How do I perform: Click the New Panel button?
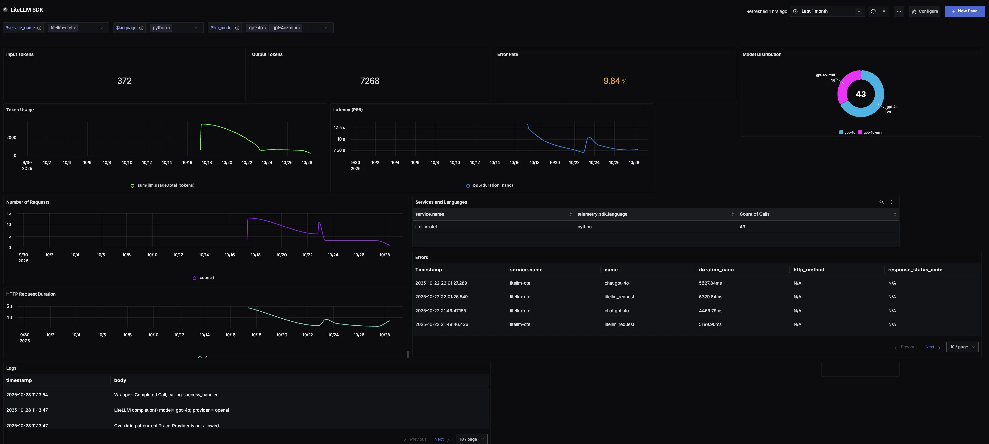pos(965,11)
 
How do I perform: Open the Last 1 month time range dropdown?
pos(827,11)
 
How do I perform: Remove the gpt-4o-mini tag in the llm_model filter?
pos(299,28)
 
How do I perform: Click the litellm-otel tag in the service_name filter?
pos(61,27)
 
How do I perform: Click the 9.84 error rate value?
pos(612,81)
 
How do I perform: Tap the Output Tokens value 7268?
pos(369,81)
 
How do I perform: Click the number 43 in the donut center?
pos(861,94)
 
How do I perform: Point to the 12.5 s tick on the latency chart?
pos(339,128)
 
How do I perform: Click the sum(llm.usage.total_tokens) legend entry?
pos(165,186)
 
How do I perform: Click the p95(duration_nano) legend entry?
pos(492,186)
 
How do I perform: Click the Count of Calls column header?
pos(754,214)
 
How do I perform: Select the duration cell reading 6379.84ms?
pos(710,297)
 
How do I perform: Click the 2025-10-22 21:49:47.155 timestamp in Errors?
pos(440,311)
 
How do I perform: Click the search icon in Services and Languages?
pos(881,202)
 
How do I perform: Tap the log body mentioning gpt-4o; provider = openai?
pos(171,410)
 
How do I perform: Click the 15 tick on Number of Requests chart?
pos(9,213)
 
